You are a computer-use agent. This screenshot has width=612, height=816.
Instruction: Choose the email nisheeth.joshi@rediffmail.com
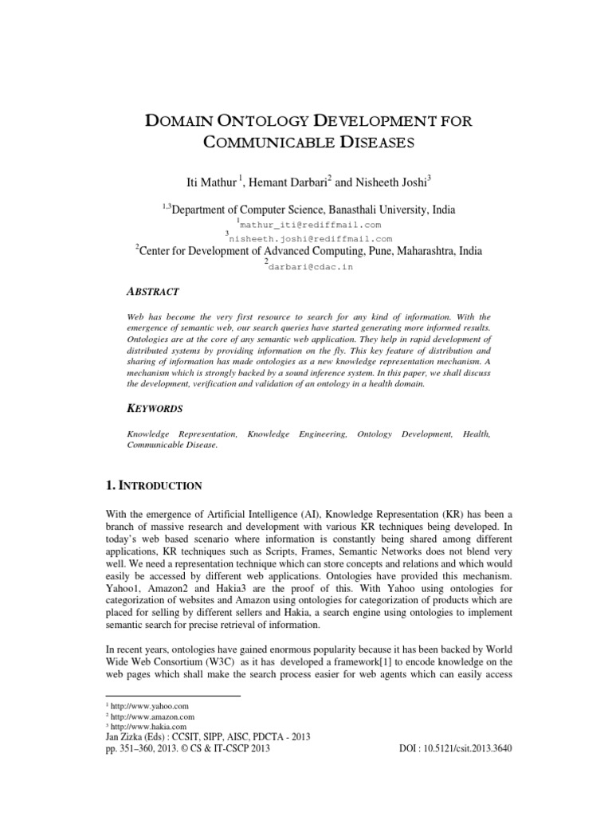(310, 238)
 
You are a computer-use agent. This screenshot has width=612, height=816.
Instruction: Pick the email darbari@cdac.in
(310, 267)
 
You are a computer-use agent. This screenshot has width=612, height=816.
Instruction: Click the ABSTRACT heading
(153, 292)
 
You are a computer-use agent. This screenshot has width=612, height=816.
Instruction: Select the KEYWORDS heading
(155, 408)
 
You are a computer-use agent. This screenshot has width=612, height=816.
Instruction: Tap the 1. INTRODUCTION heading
(154, 485)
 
